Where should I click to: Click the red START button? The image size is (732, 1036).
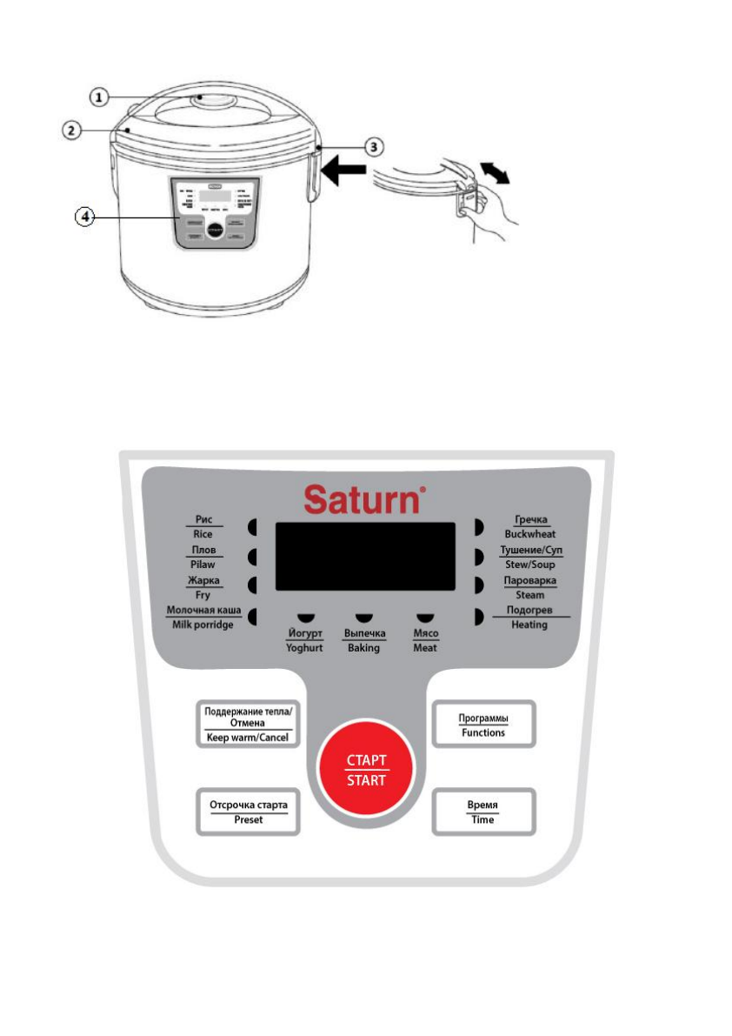pyautogui.click(x=367, y=771)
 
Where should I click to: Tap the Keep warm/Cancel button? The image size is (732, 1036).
pyautogui.click(x=249, y=723)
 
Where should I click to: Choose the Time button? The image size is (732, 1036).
pyautogui.click(x=483, y=812)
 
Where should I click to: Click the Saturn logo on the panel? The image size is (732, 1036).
pyautogui.click(x=365, y=501)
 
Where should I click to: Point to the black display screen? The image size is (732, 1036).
pyautogui.click(x=365, y=557)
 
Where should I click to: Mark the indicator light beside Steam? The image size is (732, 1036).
pyautogui.click(x=477, y=585)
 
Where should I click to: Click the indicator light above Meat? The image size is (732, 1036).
pyautogui.click(x=424, y=616)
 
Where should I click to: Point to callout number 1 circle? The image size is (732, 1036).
pyautogui.click(x=103, y=97)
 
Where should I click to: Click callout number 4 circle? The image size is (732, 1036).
pyautogui.click(x=84, y=217)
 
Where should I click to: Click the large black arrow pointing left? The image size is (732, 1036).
pyautogui.click(x=343, y=175)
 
